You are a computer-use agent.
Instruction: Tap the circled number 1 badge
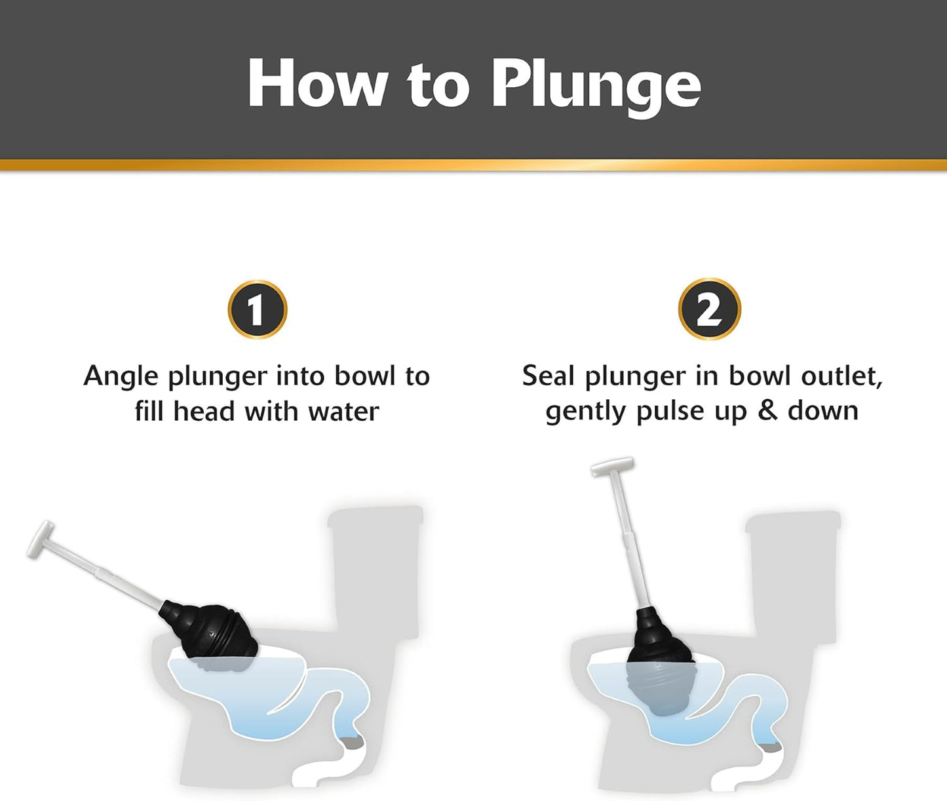tap(258, 309)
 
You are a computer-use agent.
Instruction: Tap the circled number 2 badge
tap(709, 309)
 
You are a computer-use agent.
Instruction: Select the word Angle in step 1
tap(121, 377)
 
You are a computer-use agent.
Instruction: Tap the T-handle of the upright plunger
tap(612, 466)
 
